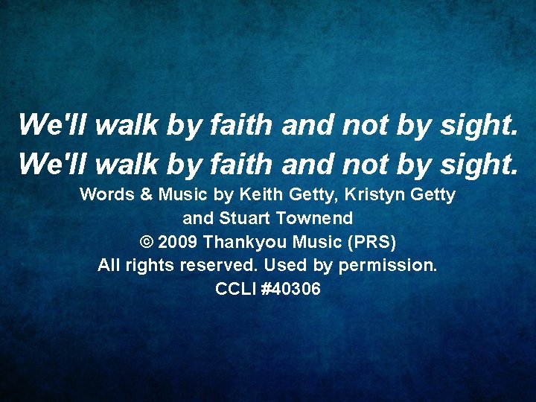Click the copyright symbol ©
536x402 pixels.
146,243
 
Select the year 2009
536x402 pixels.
179,243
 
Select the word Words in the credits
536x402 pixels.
106,195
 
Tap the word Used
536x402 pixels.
287,266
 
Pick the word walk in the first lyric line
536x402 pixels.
125,125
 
